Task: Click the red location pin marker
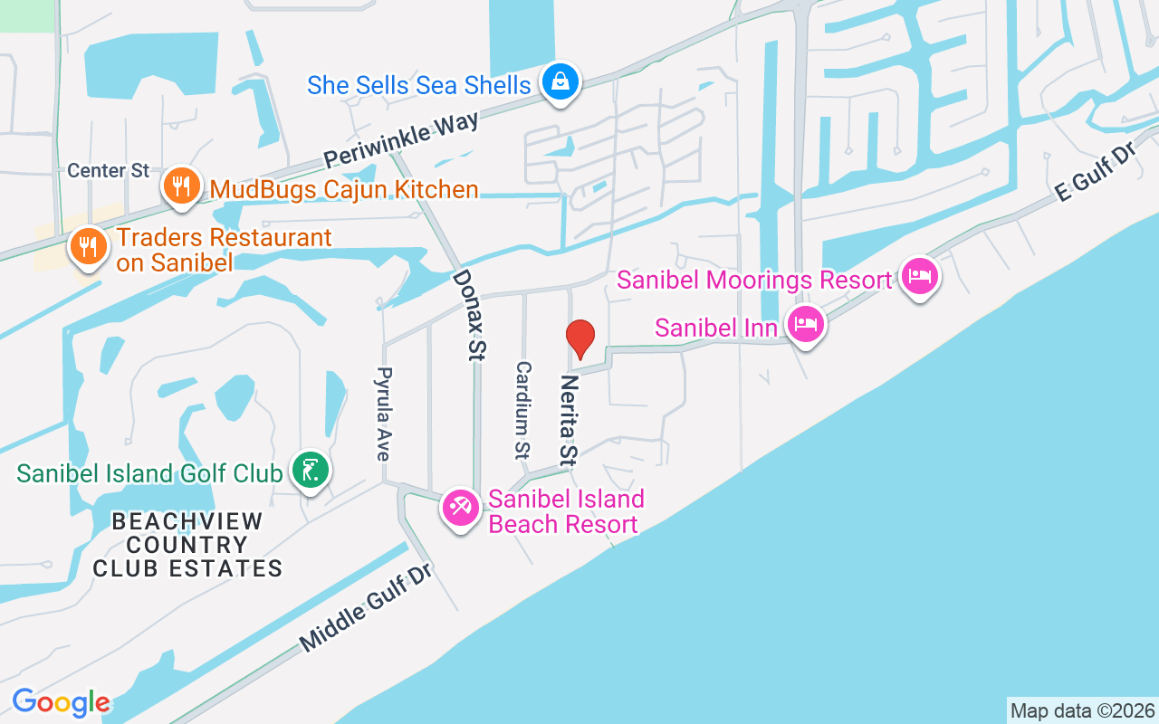tap(580, 338)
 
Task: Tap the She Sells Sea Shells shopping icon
tap(561, 82)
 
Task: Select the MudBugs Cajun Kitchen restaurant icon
tap(182, 187)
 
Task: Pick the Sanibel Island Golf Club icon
tap(311, 471)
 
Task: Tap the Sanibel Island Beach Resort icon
tap(460, 508)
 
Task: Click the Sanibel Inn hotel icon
tap(805, 322)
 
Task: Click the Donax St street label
tap(465, 315)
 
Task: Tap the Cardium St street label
tap(522, 408)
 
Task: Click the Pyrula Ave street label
tap(384, 414)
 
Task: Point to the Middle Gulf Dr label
tap(368, 606)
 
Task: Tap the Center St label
tap(108, 171)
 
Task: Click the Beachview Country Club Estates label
tap(187, 545)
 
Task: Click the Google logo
tap(61, 702)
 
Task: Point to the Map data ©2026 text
tap(1082, 710)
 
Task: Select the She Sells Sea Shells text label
tap(418, 85)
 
